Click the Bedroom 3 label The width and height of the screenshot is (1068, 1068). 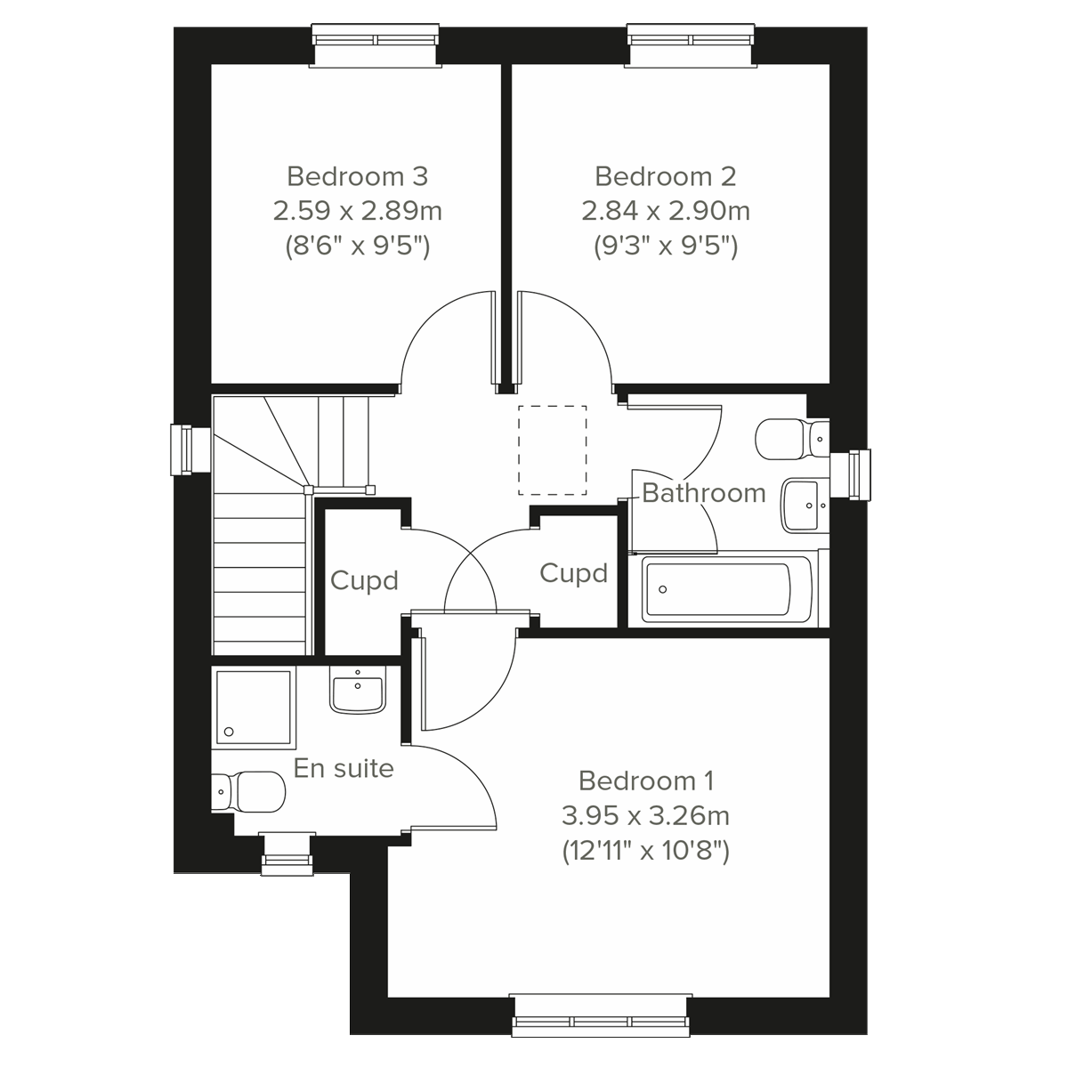[x=357, y=176]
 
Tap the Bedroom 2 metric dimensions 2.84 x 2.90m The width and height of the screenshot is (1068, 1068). [x=665, y=212]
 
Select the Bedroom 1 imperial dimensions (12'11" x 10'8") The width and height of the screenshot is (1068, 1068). [x=645, y=852]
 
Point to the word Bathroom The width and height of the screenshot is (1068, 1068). [x=703, y=493]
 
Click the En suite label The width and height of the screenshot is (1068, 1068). [x=344, y=768]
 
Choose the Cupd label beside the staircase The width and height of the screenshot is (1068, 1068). [x=364, y=581]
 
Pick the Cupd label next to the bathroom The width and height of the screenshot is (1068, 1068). [x=573, y=574]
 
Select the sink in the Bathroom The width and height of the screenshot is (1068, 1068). [x=805, y=505]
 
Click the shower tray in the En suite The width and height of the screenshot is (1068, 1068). [x=253, y=708]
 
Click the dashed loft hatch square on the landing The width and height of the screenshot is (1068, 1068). [x=553, y=449]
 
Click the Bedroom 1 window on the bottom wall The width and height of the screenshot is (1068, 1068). [x=601, y=1015]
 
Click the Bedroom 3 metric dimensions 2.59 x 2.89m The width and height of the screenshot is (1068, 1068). [x=357, y=212]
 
